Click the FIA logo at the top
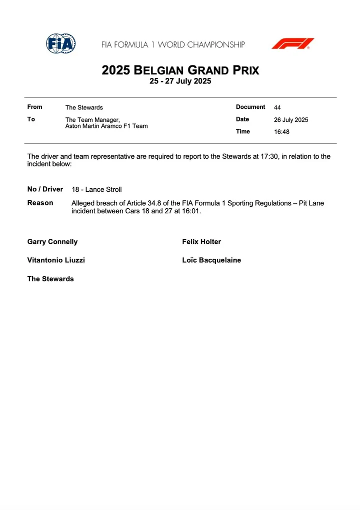pos(60,44)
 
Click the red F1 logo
pos(292,44)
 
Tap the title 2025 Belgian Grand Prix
pos(180,70)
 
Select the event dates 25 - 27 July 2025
pos(180,81)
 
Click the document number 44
pos(277,107)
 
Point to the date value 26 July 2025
pos(291,120)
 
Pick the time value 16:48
pos(281,132)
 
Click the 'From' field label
pos(35,107)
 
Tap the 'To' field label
pos(31,119)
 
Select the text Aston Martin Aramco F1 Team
pos(106,126)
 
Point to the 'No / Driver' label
pos(45,189)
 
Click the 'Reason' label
pos(40,203)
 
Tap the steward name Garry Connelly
pos(52,242)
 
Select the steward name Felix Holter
pos(201,242)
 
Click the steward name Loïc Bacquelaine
pos(211,260)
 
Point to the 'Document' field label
pos(250,107)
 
